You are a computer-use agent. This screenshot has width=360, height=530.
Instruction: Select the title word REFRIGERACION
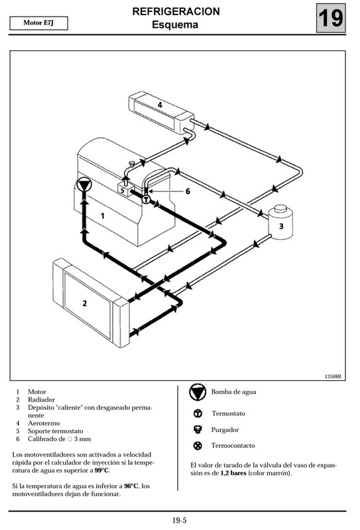point(176,12)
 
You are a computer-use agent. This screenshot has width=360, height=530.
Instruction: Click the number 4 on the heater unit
point(160,105)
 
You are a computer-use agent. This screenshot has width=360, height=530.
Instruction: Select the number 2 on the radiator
point(84,303)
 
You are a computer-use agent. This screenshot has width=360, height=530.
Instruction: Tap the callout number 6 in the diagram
point(188,191)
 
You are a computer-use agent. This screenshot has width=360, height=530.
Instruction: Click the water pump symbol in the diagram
point(83,185)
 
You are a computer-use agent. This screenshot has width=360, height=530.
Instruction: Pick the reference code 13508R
point(332,376)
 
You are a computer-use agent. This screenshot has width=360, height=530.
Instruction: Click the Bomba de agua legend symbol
point(198,392)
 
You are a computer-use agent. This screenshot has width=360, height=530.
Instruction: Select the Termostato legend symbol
point(197,413)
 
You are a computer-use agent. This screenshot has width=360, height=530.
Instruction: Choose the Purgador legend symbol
point(197,429)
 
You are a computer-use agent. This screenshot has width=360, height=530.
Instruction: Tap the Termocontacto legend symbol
point(197,445)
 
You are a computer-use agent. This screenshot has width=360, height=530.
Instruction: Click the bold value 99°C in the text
point(101,470)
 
